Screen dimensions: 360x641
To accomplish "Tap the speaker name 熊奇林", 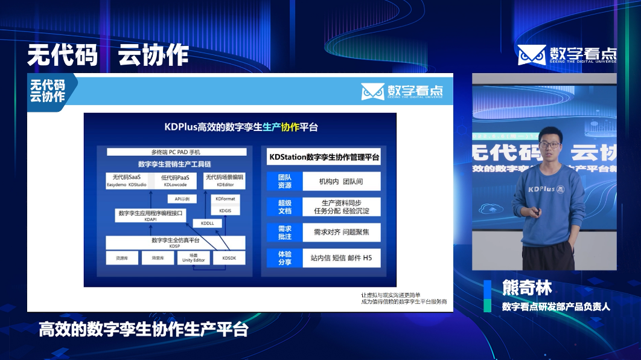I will click(527, 288).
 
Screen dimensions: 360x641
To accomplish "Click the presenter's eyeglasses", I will click(549, 144).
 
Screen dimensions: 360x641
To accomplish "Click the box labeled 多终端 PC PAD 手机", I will click(176, 152).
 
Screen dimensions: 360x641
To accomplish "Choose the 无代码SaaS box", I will click(127, 181).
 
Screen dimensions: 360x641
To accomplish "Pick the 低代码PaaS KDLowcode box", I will click(176, 181).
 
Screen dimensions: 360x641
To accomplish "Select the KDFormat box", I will click(225, 198).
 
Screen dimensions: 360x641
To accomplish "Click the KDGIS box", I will click(225, 211).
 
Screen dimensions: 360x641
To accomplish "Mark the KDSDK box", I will click(229, 258).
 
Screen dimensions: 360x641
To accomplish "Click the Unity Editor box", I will click(194, 258).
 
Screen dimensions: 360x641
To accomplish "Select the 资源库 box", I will click(122, 258).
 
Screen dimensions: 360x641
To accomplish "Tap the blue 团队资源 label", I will click(284, 181).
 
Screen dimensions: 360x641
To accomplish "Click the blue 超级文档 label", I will click(284, 207).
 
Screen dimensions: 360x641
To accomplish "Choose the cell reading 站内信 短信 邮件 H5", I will click(341, 258).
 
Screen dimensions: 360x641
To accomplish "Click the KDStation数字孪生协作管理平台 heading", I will click(324, 157).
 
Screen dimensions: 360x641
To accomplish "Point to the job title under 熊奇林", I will click(556, 306).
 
